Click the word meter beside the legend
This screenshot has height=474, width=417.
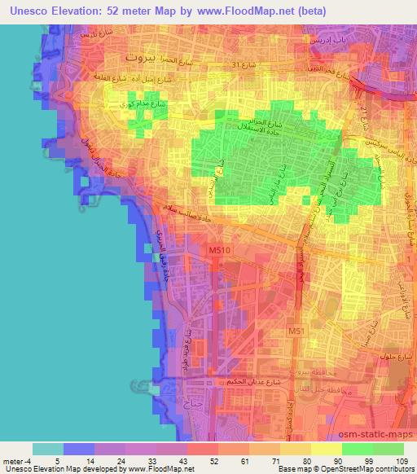(x=14, y=461)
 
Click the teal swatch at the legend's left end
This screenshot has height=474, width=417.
(x=47, y=449)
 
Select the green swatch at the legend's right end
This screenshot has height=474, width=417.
(x=388, y=449)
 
